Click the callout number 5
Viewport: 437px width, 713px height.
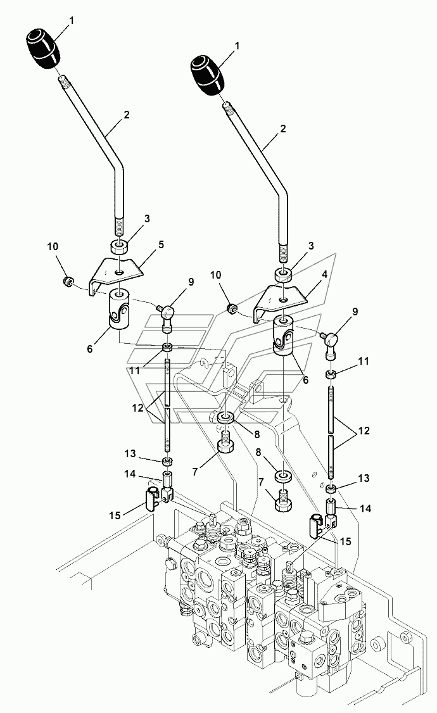click(x=160, y=245)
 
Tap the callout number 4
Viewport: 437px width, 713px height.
click(x=324, y=275)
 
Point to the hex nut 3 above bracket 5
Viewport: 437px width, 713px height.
click(x=118, y=248)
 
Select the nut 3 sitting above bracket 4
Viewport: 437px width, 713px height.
click(x=282, y=275)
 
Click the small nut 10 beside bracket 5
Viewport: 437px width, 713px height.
click(x=68, y=281)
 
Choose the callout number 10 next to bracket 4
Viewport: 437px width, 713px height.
click(x=215, y=275)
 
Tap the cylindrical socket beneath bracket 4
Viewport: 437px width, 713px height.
click(x=283, y=337)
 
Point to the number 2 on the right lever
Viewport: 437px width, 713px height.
click(x=284, y=129)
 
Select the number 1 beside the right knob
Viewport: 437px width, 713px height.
click(x=237, y=46)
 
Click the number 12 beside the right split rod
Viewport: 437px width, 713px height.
click(x=364, y=430)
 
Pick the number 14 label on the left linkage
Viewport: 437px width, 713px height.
click(x=130, y=474)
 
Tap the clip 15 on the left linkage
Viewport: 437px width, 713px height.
click(x=152, y=498)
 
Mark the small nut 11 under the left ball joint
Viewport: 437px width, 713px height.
click(x=168, y=349)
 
